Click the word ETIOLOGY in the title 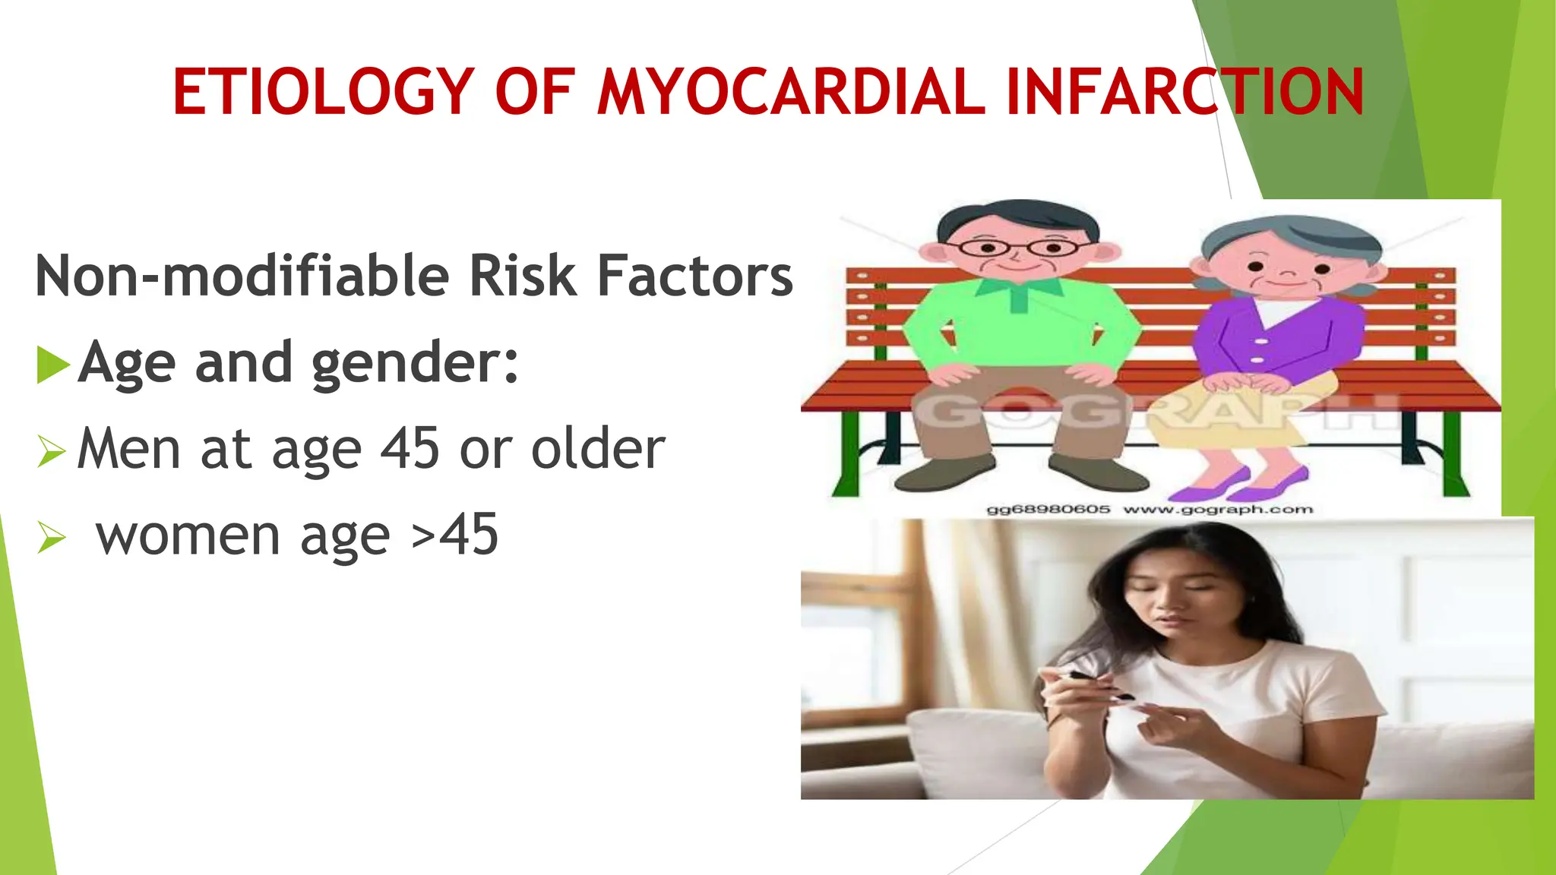tap(324, 92)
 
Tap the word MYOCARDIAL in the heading tap(790, 92)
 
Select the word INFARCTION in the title tap(1185, 92)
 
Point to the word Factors tap(695, 275)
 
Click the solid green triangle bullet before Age tap(52, 365)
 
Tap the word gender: tap(415, 363)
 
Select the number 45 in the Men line tap(410, 448)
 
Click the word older tap(598, 448)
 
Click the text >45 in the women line tap(454, 535)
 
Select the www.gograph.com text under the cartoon tap(1217, 510)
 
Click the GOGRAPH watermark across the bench tap(1155, 414)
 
